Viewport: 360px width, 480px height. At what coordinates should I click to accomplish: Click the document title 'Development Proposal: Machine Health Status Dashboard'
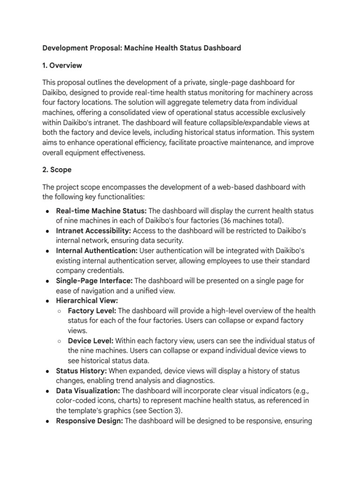(x=142, y=48)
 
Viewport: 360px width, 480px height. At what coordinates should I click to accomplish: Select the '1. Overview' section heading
(x=62, y=65)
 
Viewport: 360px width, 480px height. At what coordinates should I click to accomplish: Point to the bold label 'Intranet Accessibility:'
(x=94, y=231)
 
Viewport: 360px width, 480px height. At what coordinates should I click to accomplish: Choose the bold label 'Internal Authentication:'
(x=97, y=251)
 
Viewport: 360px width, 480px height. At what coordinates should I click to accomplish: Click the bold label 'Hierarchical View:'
(x=87, y=300)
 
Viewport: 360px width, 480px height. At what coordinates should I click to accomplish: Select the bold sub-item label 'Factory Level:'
(x=92, y=311)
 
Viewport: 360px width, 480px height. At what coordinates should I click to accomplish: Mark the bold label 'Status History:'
(x=83, y=371)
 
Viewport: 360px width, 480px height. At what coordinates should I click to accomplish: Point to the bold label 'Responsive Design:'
(x=90, y=420)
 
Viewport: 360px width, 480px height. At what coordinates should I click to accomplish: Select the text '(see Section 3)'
(x=153, y=411)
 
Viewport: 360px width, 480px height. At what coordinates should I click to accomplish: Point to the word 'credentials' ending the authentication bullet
(x=105, y=270)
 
